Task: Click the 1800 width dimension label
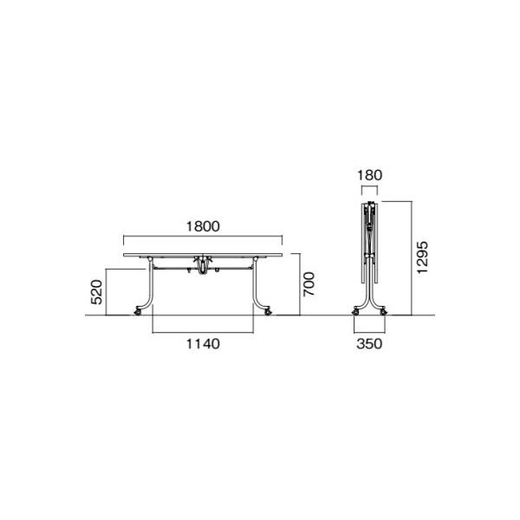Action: point(203,226)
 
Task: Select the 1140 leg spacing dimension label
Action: point(203,344)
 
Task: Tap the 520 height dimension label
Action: point(97,292)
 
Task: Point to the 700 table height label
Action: point(309,284)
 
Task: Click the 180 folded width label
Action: point(369,175)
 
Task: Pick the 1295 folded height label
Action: point(423,257)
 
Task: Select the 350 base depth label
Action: point(369,344)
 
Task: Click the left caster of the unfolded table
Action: point(137,311)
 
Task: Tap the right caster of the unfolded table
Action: point(268,311)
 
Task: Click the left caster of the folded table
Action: point(356,311)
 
